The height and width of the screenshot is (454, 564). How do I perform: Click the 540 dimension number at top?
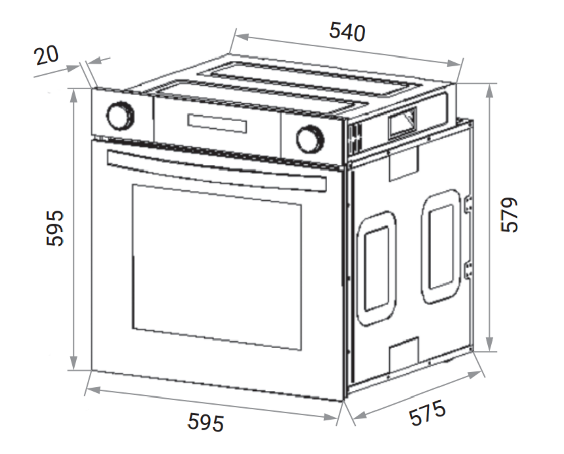(347, 32)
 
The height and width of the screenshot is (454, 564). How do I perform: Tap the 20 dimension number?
(47, 55)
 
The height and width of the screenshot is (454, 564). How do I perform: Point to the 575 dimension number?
(427, 413)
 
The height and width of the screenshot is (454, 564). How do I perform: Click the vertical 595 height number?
(55, 228)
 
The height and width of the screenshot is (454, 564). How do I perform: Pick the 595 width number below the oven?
(206, 421)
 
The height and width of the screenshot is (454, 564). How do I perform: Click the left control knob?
(120, 116)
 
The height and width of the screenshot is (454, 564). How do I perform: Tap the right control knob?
(309, 139)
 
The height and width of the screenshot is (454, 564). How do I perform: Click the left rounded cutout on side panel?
(377, 268)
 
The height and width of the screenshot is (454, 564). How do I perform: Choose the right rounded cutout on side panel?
(441, 247)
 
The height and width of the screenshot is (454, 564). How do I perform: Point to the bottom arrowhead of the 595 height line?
(74, 364)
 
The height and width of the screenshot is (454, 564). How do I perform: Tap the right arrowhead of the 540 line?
(456, 63)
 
